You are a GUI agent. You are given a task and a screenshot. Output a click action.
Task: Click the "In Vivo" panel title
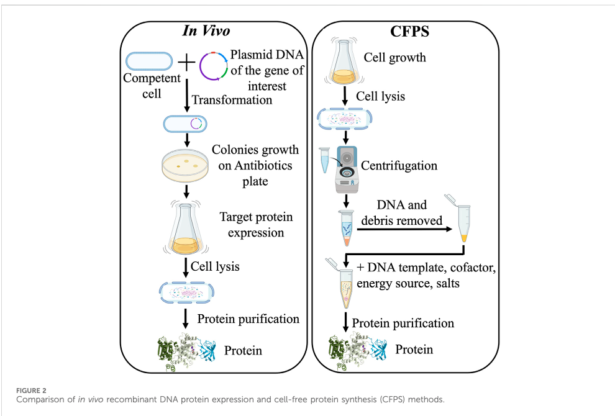point(206,30)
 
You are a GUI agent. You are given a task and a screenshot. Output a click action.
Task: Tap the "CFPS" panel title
point(409,32)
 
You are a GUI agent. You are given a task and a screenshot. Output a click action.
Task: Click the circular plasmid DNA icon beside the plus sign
point(213,66)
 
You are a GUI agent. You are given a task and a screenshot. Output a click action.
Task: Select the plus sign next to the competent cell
point(187,62)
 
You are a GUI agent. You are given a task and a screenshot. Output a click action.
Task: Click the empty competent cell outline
point(149,61)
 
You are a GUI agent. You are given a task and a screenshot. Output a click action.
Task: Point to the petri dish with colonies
point(184,165)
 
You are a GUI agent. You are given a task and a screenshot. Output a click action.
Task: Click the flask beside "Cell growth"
point(344,61)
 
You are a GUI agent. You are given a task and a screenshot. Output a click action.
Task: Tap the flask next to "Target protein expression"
point(186,228)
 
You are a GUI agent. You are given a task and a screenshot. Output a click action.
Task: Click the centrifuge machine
point(347,170)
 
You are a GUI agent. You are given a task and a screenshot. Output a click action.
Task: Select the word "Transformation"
point(232,100)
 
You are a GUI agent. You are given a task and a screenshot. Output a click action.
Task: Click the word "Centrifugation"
point(399,165)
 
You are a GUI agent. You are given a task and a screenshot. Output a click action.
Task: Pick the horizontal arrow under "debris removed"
point(404,229)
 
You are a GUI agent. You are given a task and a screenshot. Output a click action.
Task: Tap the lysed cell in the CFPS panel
point(344,119)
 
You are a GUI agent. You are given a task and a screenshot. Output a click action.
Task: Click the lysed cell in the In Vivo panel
point(186,292)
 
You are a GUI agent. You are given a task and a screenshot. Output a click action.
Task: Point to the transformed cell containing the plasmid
point(185,124)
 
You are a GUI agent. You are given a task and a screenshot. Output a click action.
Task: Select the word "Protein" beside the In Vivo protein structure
point(243,350)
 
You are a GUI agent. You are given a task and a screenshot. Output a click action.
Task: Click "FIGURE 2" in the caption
point(31,391)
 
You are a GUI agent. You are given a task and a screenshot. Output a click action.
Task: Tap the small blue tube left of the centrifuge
point(325,160)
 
